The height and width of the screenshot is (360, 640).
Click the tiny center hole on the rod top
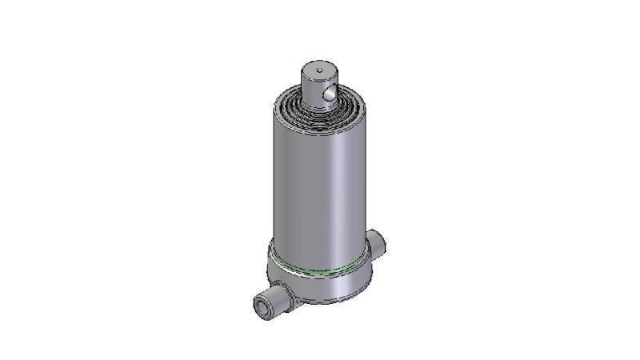pyautogui.click(x=318, y=70)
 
